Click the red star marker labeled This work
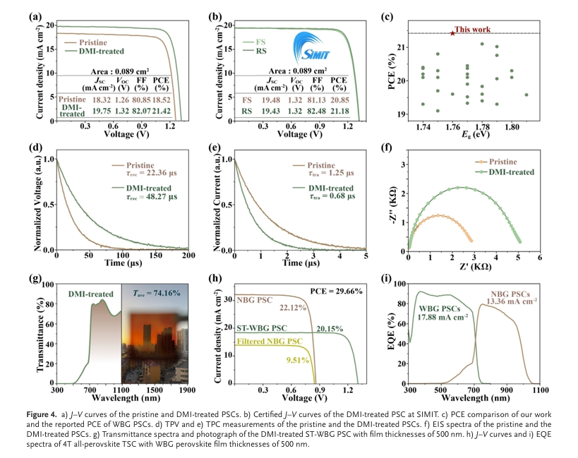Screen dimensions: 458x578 (452, 33)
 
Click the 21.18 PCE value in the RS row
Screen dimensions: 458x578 (339, 111)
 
